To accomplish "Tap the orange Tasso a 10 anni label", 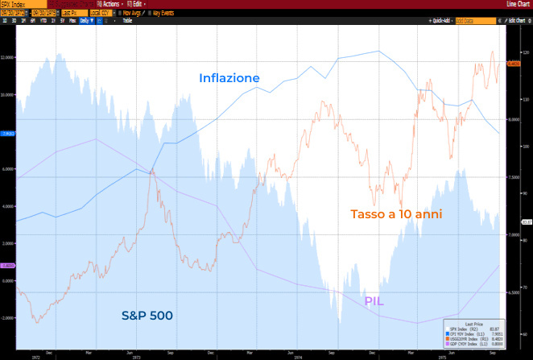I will [396, 214].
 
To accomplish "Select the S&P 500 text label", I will [147, 314].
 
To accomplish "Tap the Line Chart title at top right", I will [514, 3].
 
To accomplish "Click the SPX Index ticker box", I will [16, 3].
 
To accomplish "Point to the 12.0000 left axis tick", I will [8, 57].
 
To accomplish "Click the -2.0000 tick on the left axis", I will [8, 317].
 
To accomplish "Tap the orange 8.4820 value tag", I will [515, 63].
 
